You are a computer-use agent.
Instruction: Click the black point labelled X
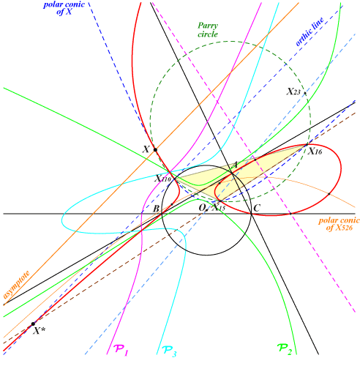point(155,149)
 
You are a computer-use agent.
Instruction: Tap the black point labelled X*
point(32,324)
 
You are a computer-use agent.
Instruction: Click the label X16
point(315,152)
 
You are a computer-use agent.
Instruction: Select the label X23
point(293,92)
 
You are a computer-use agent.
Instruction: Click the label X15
point(218,208)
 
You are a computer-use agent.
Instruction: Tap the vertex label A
point(233,165)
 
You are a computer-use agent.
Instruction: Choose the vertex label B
point(156,209)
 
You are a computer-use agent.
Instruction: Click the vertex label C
point(256,208)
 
